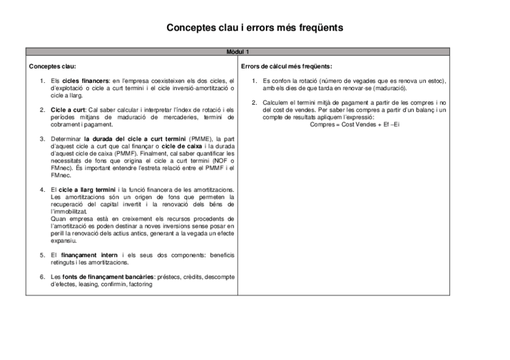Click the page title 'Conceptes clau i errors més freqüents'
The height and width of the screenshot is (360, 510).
[x=255, y=28]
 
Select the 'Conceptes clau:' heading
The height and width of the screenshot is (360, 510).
[x=52, y=66]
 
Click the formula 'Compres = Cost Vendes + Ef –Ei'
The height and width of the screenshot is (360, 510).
[x=354, y=124]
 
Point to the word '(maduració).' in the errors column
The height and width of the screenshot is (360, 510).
[x=389, y=88]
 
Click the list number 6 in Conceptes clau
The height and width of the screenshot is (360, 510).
[x=42, y=276]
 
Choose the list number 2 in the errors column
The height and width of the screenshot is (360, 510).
[x=254, y=103]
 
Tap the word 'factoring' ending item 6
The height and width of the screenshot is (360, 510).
[x=140, y=284]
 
